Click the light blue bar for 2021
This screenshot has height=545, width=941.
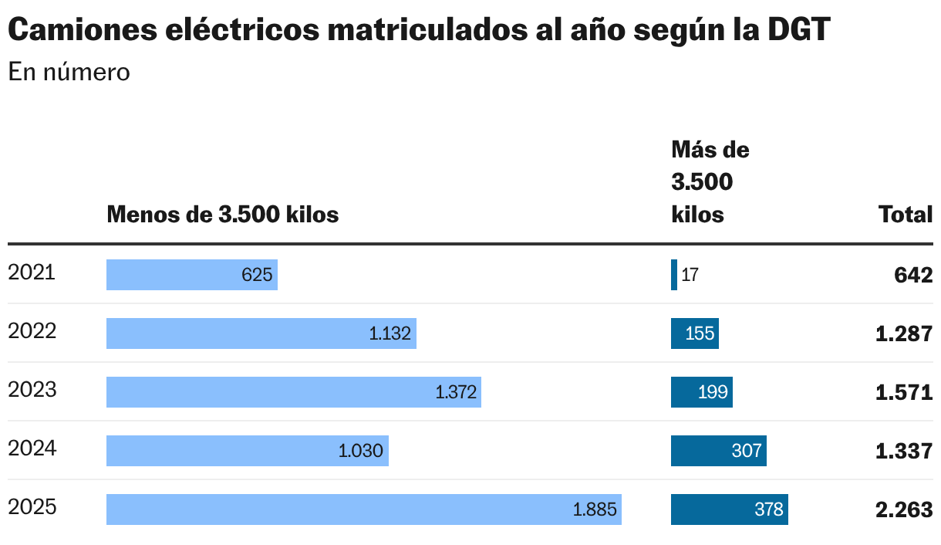[191, 275]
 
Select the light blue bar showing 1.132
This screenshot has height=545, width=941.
[261, 333]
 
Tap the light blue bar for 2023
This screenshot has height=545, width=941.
[293, 392]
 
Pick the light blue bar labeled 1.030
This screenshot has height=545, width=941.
[247, 451]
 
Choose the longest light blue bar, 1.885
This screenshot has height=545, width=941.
[363, 509]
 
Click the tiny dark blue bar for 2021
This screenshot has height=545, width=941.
[674, 275]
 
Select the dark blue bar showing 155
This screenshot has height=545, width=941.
[694, 333]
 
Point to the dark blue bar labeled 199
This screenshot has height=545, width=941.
[701, 392]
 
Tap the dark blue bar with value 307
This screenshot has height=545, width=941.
[718, 451]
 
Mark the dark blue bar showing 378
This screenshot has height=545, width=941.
[729, 509]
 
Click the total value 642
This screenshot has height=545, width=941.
[914, 275]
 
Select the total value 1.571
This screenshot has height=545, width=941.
[904, 392]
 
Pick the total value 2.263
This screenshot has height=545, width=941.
[904, 509]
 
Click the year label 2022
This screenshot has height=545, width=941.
[32, 331]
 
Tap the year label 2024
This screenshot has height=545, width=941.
[32, 449]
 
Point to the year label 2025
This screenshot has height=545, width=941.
[32, 507]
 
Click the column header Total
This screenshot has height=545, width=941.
[906, 215]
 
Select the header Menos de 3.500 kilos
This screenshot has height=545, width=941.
[223, 215]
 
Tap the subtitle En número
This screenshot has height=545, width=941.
[69, 72]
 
